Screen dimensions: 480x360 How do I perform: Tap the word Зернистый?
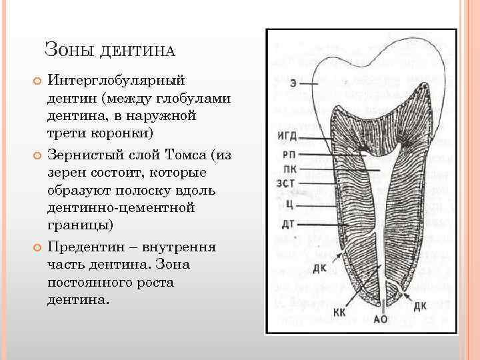point(89,156)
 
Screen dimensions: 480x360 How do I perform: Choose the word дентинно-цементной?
point(121,207)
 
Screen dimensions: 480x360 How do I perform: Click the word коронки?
point(120,133)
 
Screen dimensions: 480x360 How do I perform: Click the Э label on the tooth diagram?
point(293,83)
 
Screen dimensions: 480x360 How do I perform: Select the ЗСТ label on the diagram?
point(287,183)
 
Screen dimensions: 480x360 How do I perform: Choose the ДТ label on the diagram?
point(288,223)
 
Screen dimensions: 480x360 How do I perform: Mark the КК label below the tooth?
point(339,312)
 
